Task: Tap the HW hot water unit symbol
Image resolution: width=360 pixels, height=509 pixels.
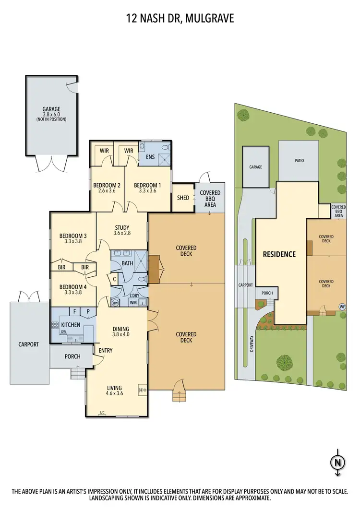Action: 115,303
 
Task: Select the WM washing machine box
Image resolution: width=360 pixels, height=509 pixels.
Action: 133,303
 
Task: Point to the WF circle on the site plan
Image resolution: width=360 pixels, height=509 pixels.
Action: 342,306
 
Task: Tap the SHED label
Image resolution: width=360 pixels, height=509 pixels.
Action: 183,197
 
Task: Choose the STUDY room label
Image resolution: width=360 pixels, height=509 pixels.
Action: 122,227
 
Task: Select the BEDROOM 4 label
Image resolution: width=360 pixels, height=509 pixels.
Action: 73,287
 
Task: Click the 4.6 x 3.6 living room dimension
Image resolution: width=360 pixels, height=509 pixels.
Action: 115,394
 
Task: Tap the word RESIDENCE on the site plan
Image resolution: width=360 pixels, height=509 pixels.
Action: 279,254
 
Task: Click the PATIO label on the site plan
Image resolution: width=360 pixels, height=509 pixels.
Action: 299,161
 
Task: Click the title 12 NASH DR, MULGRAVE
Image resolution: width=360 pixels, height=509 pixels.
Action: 180,19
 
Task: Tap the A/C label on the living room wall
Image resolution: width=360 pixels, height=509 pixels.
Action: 102,413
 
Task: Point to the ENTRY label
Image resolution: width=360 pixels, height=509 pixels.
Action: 105,351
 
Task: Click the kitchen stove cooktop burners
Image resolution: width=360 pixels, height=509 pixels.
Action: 55,325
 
